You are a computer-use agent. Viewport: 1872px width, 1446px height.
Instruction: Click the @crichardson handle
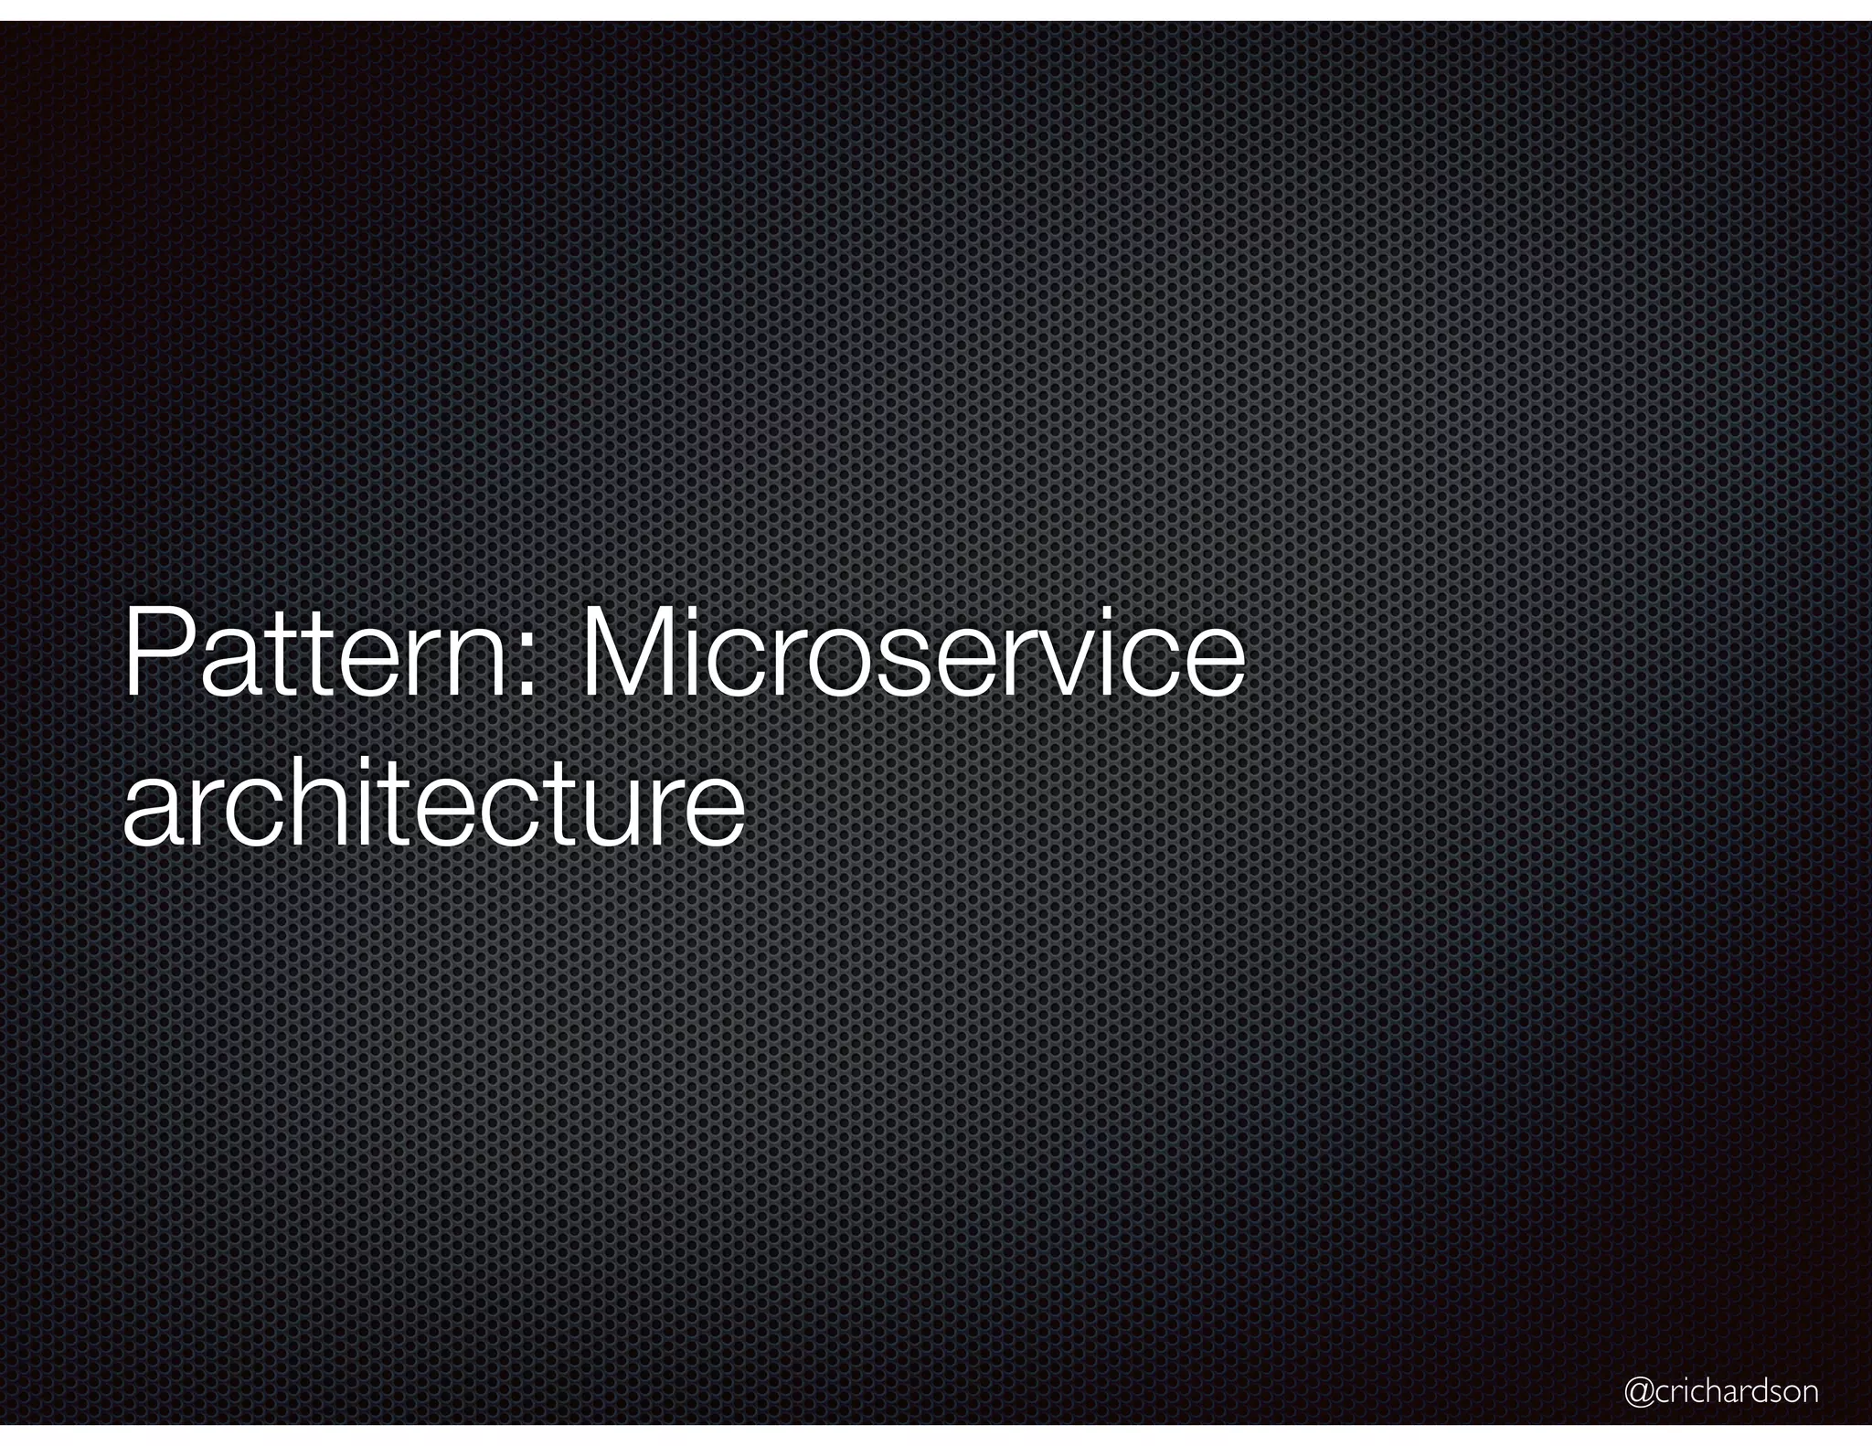pos(1720,1391)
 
